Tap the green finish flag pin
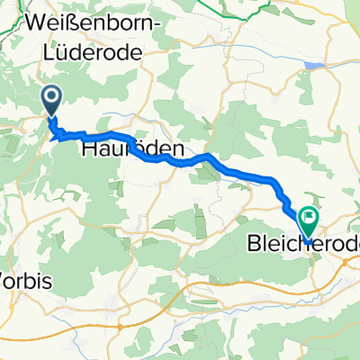pos(309,217)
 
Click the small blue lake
pos(313,66)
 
